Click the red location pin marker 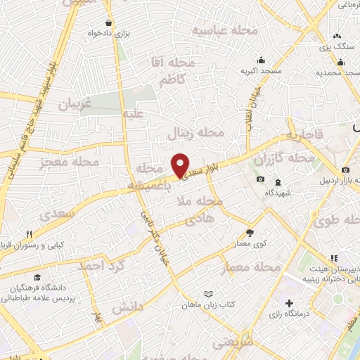point(181,165)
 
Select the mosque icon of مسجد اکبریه point(262,60)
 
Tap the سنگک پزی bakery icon point(337,35)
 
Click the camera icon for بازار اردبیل point(347,171)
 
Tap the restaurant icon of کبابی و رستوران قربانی point(29,235)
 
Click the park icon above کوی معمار point(250,233)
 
